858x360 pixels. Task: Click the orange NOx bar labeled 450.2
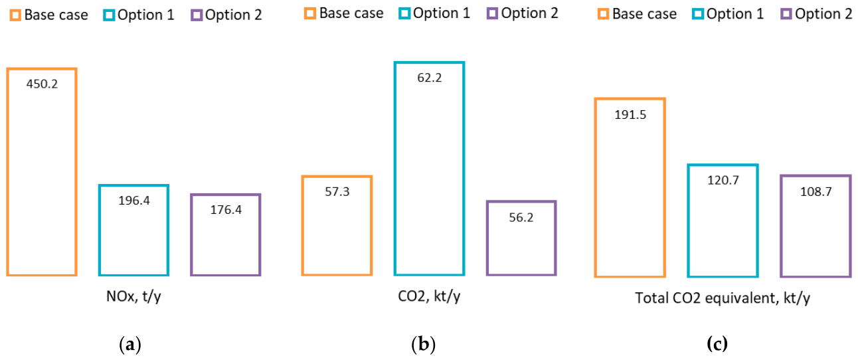coord(8,172)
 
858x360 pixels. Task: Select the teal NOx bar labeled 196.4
coord(100,230)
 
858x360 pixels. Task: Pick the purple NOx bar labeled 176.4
coord(191,234)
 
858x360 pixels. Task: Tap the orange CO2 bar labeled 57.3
coord(303,226)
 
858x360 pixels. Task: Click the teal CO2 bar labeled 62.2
coord(395,169)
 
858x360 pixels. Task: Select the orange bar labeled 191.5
coord(596,188)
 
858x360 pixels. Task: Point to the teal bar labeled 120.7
coord(689,221)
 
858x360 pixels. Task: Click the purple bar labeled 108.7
coord(782,226)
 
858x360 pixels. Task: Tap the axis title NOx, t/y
coord(133,296)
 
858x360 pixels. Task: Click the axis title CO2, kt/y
coord(429,296)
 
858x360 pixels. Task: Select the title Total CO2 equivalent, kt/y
coord(723,298)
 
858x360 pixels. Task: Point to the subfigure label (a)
coord(130,345)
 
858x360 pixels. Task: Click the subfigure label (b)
coord(423,344)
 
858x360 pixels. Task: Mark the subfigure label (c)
coord(717,344)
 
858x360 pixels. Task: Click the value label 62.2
coord(430,78)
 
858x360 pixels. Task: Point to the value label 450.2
coord(42,84)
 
